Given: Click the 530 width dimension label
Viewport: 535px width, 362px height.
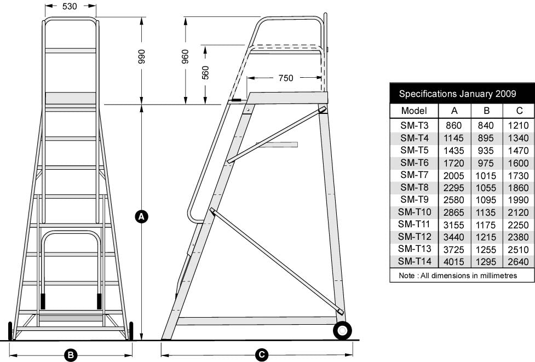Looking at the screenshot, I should tap(69, 7).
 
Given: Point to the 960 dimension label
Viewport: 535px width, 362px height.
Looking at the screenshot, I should tap(185, 58).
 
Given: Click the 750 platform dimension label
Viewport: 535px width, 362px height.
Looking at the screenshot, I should tap(285, 78).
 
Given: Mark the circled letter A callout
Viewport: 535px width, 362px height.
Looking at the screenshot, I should tap(141, 217).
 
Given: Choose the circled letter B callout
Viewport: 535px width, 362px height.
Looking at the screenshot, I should tap(70, 355).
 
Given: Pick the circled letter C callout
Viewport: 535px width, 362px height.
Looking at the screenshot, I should tap(262, 355).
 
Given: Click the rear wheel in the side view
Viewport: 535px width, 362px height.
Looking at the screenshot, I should tap(342, 330).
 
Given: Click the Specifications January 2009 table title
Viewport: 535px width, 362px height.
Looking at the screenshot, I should tap(457, 94).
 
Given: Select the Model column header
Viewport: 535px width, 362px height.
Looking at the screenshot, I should tap(414, 110).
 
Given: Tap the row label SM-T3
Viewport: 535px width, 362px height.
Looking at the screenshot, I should tap(414, 125).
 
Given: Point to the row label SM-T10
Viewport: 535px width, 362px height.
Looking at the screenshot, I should tap(414, 212).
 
